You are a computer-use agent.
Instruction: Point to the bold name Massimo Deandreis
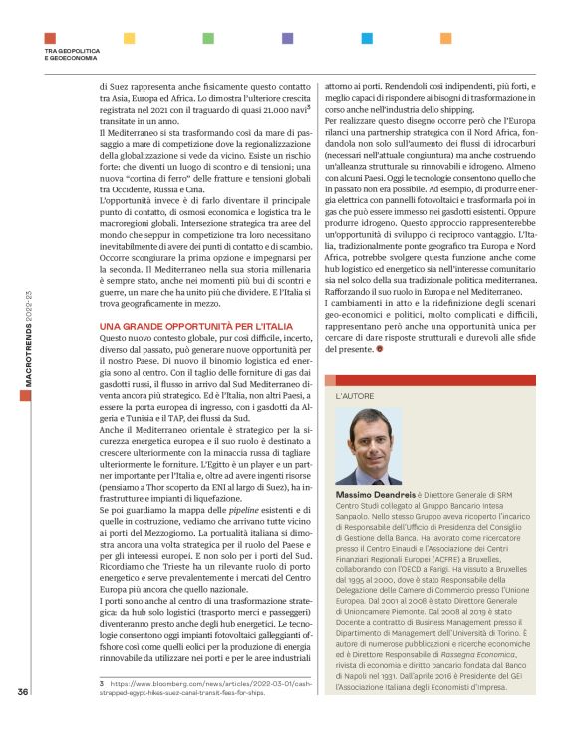pos(375,495)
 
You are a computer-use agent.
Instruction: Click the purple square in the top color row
pos(287,38)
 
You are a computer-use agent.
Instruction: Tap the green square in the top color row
pos(207,38)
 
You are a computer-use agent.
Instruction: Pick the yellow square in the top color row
pos(129,38)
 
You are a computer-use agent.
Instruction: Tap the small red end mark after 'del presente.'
pos(378,350)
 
